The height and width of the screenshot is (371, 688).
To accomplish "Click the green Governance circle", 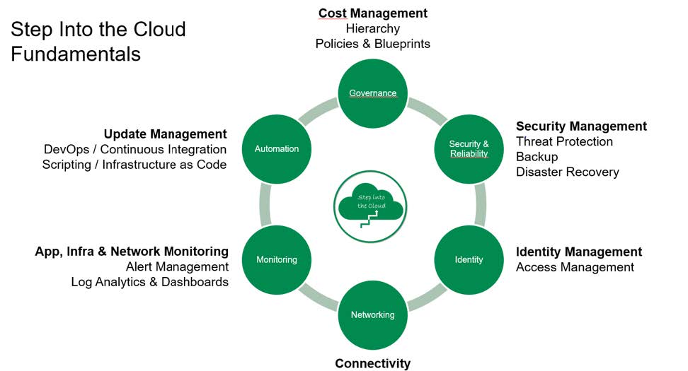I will tap(373, 93).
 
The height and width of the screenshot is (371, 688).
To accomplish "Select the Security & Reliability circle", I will tap(469, 149).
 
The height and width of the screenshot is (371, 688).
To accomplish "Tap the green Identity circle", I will tap(469, 259).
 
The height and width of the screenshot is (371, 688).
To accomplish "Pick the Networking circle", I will tap(373, 314).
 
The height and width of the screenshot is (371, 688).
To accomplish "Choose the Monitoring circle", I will tap(277, 259).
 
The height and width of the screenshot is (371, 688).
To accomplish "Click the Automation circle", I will tap(277, 149).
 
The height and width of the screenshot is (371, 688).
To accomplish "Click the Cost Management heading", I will tap(373, 13).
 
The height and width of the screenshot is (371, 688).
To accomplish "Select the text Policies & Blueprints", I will tap(373, 44).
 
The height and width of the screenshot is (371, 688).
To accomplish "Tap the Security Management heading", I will tap(581, 126).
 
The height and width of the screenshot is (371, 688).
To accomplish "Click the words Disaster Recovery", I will tap(567, 172).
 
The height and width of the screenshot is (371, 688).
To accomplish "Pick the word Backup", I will tap(537, 157).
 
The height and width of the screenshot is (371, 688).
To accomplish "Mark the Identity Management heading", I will tap(579, 252).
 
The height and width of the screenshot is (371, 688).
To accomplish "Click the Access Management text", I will tap(575, 267).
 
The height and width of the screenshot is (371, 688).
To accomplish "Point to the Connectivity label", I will tap(372, 363).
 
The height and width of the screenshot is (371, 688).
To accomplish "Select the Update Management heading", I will tap(165, 134).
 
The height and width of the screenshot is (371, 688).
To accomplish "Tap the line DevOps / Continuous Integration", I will tap(135, 149).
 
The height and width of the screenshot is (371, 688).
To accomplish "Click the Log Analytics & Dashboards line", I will tap(149, 282).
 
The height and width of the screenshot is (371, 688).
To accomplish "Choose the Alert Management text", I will tap(177, 267).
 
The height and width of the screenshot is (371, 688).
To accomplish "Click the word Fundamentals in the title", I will tap(76, 54).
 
